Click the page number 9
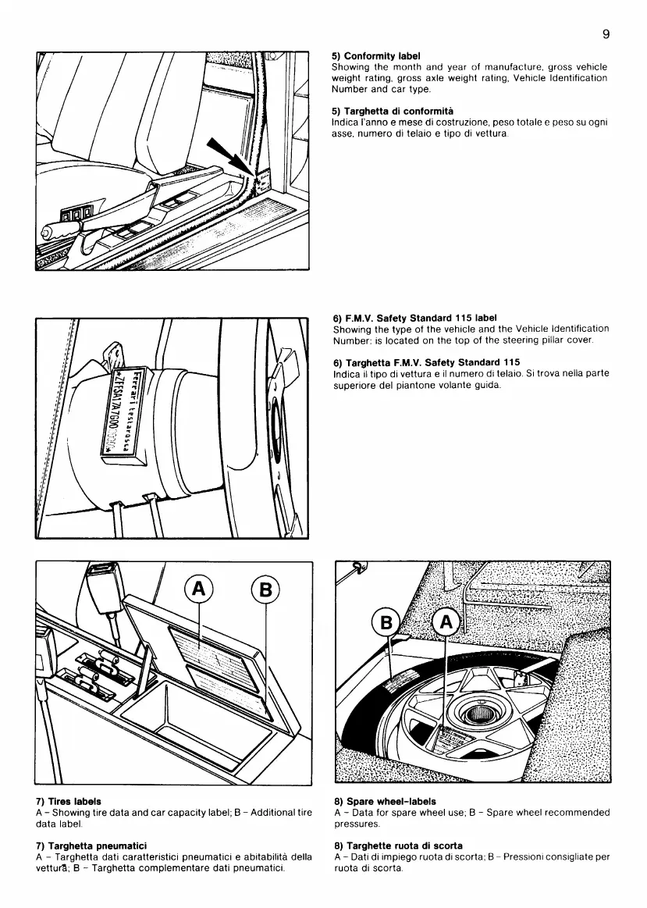[606, 34]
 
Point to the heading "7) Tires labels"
[69, 801]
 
